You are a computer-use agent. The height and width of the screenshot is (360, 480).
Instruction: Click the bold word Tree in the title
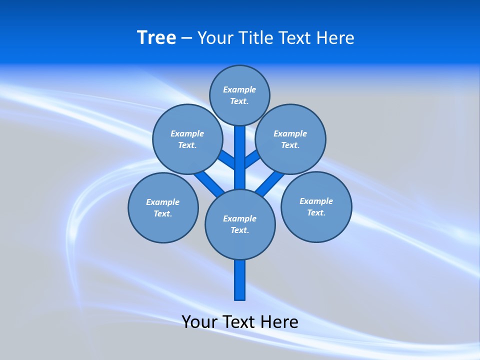coord(156,38)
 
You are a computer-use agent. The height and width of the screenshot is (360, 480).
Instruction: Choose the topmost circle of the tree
coord(239,95)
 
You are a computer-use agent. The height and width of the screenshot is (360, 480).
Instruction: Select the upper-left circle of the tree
coord(187,139)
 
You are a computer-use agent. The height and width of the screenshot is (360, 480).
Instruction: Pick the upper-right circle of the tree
coord(290,139)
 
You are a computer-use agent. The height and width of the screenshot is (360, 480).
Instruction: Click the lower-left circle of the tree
coord(163,207)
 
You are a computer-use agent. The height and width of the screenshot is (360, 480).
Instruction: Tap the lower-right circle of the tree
coord(316,206)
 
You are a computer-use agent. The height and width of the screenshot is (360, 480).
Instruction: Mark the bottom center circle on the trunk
coord(240,224)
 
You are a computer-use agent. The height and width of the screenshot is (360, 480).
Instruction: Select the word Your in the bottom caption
coord(199,321)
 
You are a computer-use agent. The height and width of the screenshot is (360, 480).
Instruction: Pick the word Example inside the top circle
coord(239,89)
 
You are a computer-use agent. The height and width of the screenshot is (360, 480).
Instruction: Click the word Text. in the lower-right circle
coord(316,212)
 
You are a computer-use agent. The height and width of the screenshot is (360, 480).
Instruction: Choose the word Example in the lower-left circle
coord(162,202)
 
